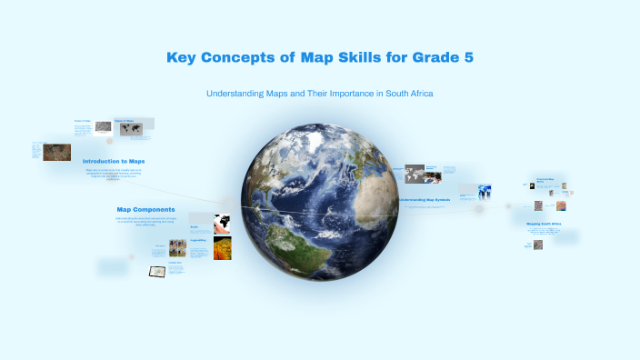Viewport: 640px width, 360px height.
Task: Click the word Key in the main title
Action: (x=182, y=58)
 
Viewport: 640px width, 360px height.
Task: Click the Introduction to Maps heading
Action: (x=114, y=161)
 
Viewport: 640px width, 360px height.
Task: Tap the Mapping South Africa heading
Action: (x=545, y=224)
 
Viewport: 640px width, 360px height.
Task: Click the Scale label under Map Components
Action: (x=194, y=226)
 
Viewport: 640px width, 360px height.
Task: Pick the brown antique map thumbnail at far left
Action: (x=57, y=153)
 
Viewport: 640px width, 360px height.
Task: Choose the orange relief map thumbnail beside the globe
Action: (x=223, y=248)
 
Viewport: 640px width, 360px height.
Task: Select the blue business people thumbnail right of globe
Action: (x=482, y=192)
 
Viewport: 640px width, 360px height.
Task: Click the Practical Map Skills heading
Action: (x=545, y=181)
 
